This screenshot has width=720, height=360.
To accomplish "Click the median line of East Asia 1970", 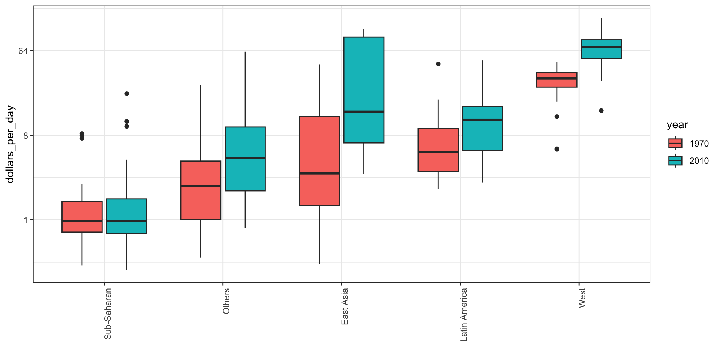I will coord(319,173).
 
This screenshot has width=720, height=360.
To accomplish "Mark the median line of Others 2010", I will coord(245,158).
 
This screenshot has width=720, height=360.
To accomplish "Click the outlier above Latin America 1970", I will coord(438,64).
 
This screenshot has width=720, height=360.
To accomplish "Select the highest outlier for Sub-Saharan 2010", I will coord(127,93).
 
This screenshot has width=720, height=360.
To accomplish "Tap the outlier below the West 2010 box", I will coord(601,111).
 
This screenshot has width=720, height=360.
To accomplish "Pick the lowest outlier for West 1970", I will coord(557,149).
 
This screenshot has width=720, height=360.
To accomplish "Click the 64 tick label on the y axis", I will coord(23,51).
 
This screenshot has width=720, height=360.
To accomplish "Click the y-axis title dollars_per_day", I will coord(10,144).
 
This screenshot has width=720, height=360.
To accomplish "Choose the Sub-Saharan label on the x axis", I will coord(108,313).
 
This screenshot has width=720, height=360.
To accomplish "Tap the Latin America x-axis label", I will coord(463,315).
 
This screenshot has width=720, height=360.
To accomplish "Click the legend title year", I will coord(677,125).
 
